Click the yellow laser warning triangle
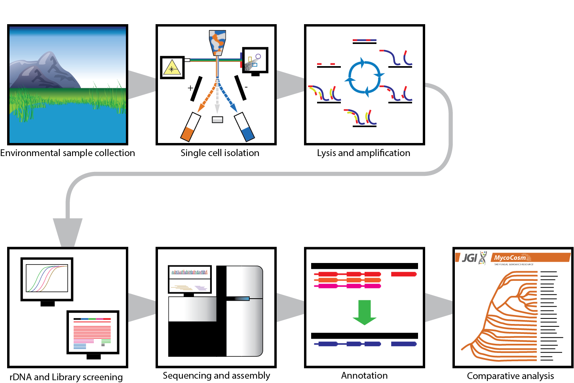point(172,69)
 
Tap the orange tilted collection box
point(187,134)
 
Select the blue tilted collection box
point(247,134)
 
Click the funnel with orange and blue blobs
point(217,42)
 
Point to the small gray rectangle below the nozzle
point(217,121)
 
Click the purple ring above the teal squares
point(258,57)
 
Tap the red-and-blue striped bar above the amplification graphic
point(364,41)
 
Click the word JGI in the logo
point(469,258)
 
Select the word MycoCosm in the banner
point(510,257)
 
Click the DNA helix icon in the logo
point(483,258)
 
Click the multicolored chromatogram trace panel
point(190,272)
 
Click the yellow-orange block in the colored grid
point(404,316)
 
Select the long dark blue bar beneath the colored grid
point(368,349)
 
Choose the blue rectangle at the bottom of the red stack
point(87,348)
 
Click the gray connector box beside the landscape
point(142,89)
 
